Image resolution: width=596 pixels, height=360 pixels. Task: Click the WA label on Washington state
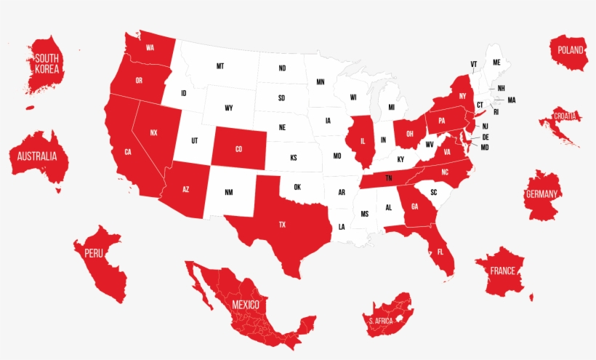(x=150, y=48)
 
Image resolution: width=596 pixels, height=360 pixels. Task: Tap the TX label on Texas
(x=282, y=225)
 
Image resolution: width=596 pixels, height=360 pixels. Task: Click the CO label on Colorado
(x=238, y=149)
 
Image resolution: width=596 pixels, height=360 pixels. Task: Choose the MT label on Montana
(x=220, y=66)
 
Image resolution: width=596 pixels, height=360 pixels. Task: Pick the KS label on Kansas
(x=294, y=158)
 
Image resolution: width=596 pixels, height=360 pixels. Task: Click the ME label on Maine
(x=497, y=63)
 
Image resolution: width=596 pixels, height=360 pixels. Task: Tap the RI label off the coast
(x=496, y=112)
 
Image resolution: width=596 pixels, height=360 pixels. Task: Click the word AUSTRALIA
(x=38, y=156)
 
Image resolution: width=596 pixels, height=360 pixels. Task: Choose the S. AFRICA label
(x=381, y=321)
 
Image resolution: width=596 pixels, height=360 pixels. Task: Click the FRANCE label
(x=502, y=271)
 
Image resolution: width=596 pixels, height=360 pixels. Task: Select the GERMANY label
(x=542, y=194)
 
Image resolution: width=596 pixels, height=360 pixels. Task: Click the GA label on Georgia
(x=414, y=206)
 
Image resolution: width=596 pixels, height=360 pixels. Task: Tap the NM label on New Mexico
(x=229, y=192)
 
